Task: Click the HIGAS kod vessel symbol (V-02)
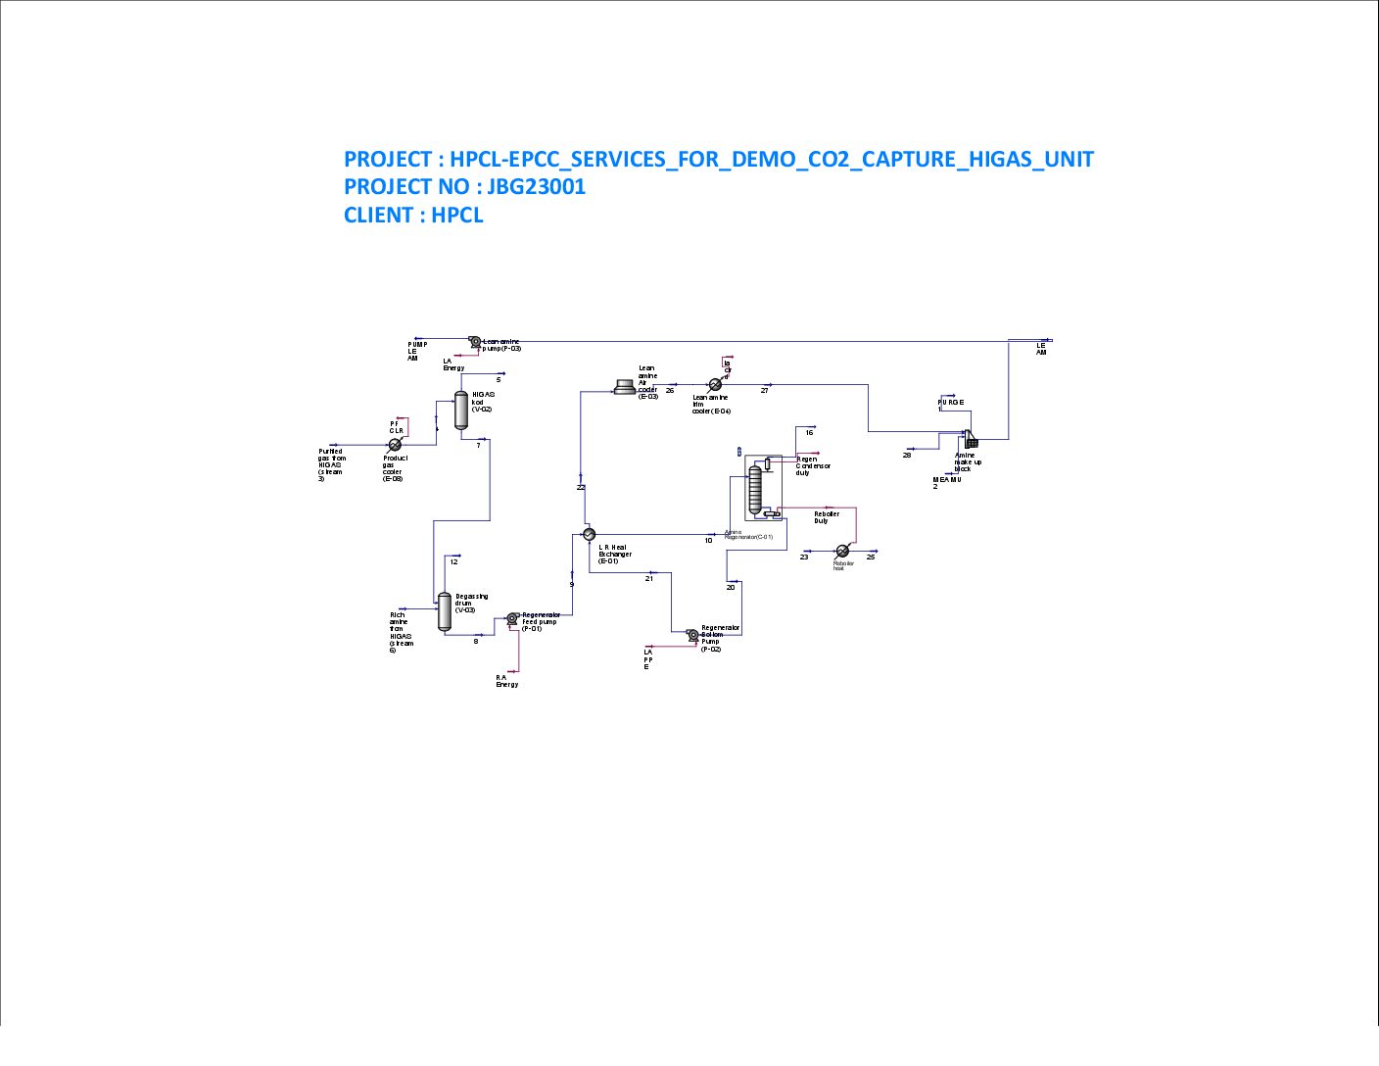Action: tap(461, 410)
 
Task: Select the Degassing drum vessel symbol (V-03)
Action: tap(444, 611)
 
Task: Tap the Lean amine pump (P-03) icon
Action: tap(474, 342)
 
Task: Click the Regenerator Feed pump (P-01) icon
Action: tap(511, 618)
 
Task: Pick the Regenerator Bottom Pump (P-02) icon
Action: tap(692, 635)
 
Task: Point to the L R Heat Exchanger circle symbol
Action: tap(589, 534)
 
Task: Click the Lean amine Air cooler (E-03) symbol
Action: tap(624, 387)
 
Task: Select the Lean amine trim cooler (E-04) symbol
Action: tap(715, 385)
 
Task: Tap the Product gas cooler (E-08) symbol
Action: tap(395, 445)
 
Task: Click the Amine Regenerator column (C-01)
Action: tap(754, 489)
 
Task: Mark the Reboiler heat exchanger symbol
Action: tap(842, 551)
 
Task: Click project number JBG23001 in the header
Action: tap(536, 186)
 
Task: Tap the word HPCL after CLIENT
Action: tap(457, 215)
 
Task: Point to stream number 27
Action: tap(765, 391)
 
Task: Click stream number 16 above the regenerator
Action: tap(809, 432)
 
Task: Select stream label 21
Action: tap(649, 578)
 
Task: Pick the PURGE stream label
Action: tap(951, 403)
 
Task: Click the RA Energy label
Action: tap(506, 680)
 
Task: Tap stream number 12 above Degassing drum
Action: tap(453, 561)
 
